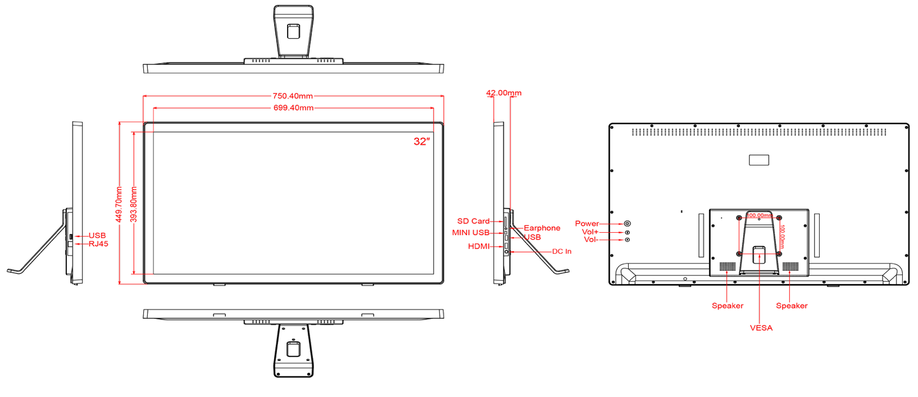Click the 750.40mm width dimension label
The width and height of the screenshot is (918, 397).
pyautogui.click(x=293, y=96)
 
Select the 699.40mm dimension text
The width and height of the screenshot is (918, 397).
pyautogui.click(x=293, y=108)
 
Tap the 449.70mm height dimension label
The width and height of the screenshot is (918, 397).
pyautogui.click(x=119, y=204)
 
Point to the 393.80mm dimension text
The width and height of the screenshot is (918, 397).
pyautogui.click(x=134, y=204)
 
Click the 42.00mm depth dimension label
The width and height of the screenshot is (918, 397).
pyautogui.click(x=504, y=93)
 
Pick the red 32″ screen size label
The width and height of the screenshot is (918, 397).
pyautogui.click(x=421, y=142)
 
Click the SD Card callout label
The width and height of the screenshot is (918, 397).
pyautogui.click(x=473, y=221)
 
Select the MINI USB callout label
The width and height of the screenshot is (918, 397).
pyautogui.click(x=471, y=232)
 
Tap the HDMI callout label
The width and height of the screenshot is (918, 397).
pyautogui.click(x=479, y=246)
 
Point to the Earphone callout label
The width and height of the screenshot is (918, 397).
pyautogui.click(x=542, y=228)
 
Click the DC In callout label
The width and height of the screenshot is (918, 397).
pyautogui.click(x=562, y=251)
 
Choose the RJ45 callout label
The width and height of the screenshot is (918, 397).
pyautogui.click(x=98, y=244)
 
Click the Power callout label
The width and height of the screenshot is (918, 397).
pyautogui.click(x=587, y=223)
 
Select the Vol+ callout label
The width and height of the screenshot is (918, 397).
pyautogui.click(x=590, y=232)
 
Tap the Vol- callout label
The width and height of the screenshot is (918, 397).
pyautogui.click(x=590, y=240)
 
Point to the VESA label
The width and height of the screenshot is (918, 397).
pyautogui.click(x=761, y=328)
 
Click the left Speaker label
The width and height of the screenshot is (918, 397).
pyautogui.click(x=728, y=306)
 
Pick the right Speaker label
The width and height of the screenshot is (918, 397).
pyautogui.click(x=792, y=306)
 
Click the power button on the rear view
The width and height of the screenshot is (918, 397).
pyautogui.click(x=628, y=224)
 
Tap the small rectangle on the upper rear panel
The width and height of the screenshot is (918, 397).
pyautogui.click(x=759, y=160)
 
